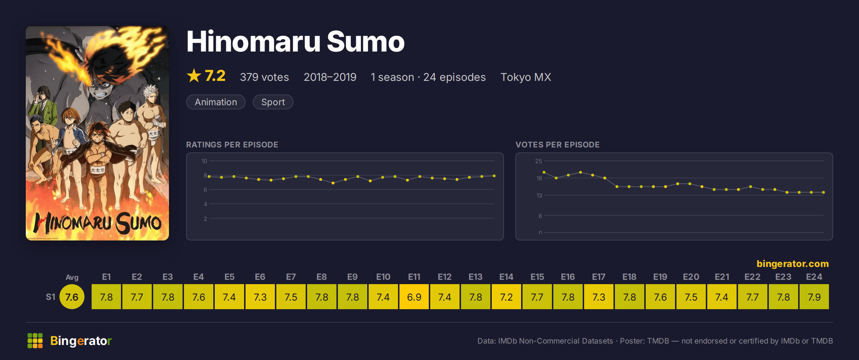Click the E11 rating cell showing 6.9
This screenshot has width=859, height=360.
(x=414, y=297)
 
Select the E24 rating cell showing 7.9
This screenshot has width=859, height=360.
(x=814, y=297)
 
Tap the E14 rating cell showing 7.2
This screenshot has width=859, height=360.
(x=506, y=297)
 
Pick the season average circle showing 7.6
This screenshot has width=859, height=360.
(x=72, y=297)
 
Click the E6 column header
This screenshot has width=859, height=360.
(x=260, y=277)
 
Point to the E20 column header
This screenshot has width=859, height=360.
(x=691, y=277)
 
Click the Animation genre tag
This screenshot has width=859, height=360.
(x=216, y=102)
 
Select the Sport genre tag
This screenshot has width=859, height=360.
(x=273, y=102)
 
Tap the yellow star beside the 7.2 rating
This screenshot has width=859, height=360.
(x=194, y=76)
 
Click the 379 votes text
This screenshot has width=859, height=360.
(x=265, y=77)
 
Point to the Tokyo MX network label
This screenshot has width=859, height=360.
(x=526, y=77)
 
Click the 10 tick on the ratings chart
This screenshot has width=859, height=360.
(x=204, y=161)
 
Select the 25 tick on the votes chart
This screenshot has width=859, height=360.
(x=539, y=161)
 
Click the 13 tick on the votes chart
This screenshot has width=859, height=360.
(x=539, y=195)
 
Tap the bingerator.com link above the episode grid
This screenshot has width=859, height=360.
(x=793, y=264)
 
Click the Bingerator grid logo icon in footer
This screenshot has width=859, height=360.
(x=35, y=341)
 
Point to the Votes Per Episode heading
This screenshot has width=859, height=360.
(x=558, y=145)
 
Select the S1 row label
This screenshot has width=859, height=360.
(x=50, y=297)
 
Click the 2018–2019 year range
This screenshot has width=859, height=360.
(x=330, y=77)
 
